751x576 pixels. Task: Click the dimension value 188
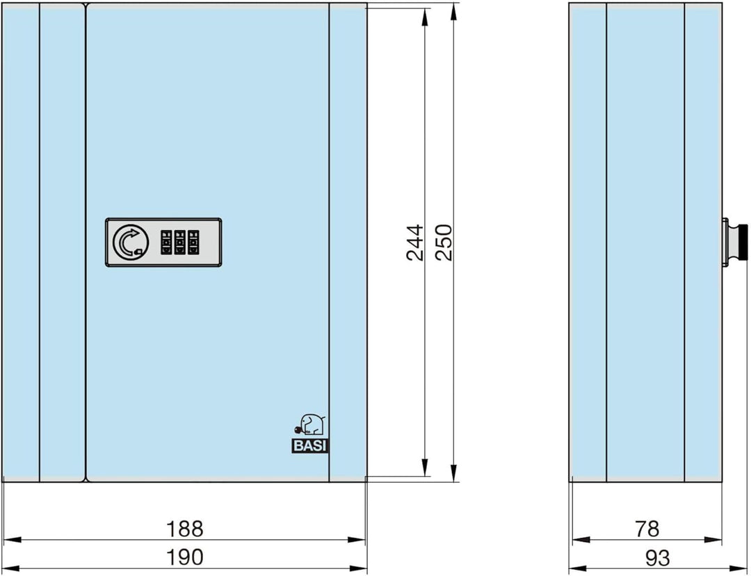click(184, 529)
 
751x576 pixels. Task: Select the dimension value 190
click(184, 557)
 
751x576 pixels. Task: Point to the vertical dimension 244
click(414, 242)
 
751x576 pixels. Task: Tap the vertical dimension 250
click(444, 242)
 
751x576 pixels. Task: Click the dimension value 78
click(647, 529)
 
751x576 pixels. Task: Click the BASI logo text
click(310, 446)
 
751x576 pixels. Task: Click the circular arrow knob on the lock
click(131, 242)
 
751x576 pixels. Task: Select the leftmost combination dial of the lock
click(166, 242)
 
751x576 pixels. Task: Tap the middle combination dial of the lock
click(179, 242)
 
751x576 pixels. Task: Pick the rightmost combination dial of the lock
click(193, 242)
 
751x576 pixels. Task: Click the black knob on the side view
click(741, 242)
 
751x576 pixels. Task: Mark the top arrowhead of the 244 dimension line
click(425, 17)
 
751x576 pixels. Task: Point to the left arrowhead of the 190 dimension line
click(12, 569)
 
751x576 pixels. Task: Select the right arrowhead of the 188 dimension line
click(357, 540)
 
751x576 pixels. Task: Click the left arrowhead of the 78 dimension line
click(581, 540)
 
